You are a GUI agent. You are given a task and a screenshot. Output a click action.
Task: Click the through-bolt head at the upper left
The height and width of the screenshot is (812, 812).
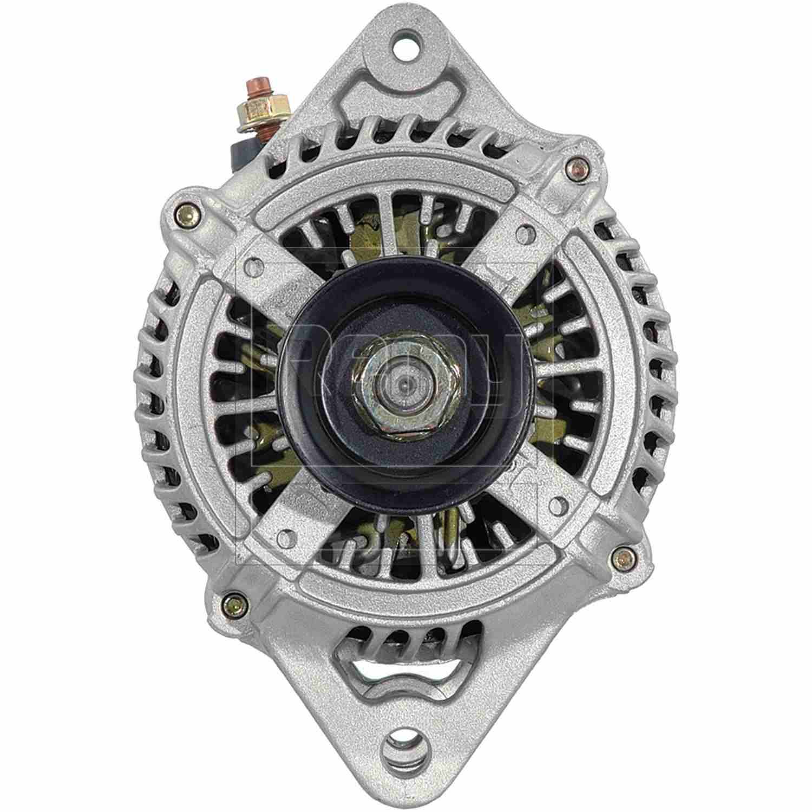188,213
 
